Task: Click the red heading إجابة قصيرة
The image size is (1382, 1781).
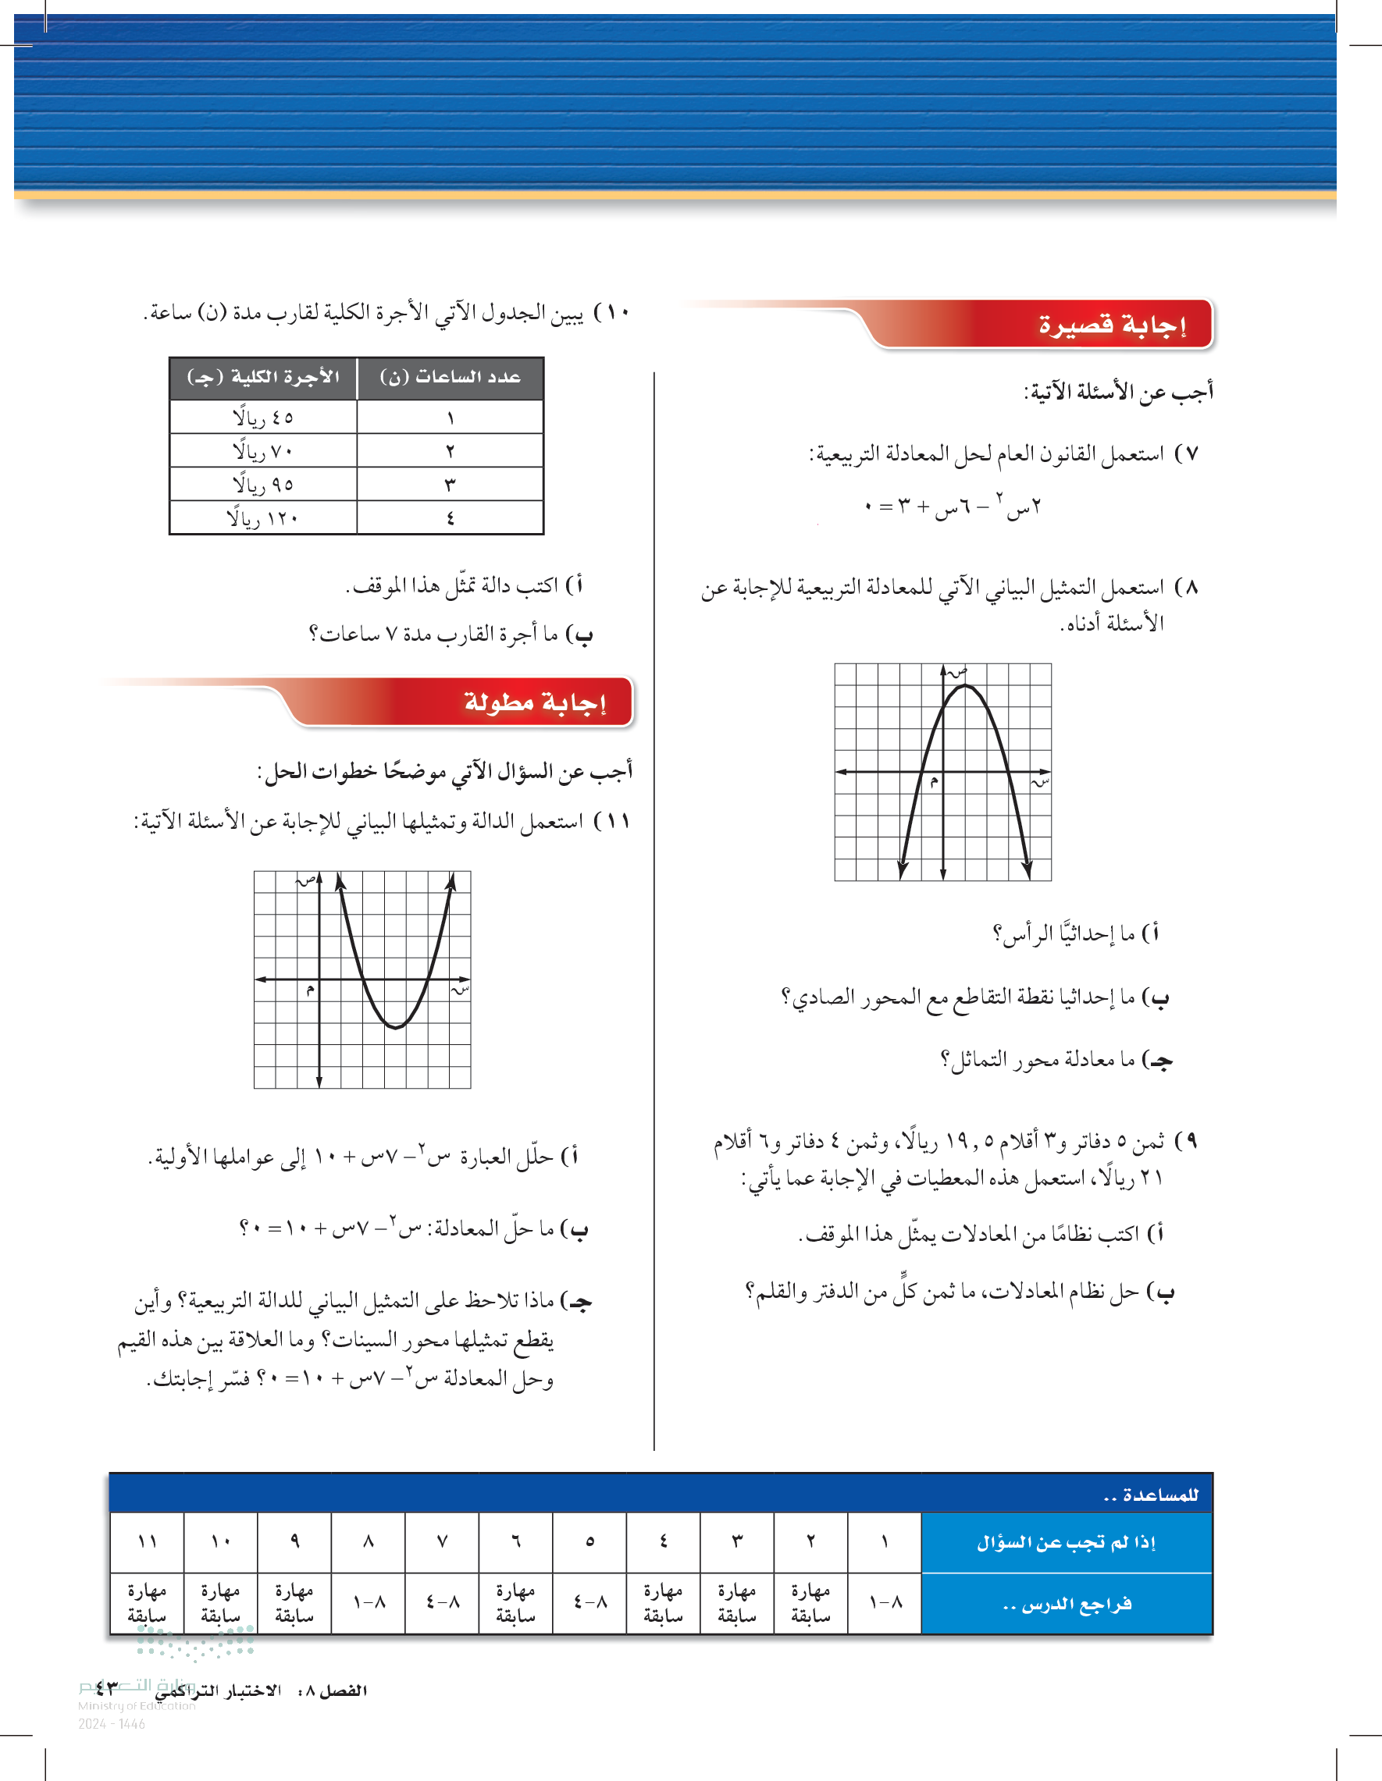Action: [x=1111, y=325]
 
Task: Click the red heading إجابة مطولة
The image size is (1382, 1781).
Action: [x=534, y=702]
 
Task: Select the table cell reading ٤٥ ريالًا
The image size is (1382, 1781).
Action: [x=262, y=418]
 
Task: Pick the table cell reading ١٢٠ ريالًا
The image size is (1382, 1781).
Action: [x=262, y=517]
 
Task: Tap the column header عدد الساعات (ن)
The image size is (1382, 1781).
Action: [x=451, y=378]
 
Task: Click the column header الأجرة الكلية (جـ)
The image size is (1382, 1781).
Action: [x=262, y=378]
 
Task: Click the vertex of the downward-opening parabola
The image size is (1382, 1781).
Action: [x=964, y=686]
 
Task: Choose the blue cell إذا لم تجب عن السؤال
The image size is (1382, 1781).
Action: [x=1066, y=1542]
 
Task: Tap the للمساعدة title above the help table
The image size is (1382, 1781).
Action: [x=1150, y=1495]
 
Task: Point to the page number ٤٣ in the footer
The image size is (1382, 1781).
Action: [x=106, y=1689]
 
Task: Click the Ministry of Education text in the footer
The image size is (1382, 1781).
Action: [x=136, y=1705]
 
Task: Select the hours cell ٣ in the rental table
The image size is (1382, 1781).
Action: [x=451, y=485]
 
